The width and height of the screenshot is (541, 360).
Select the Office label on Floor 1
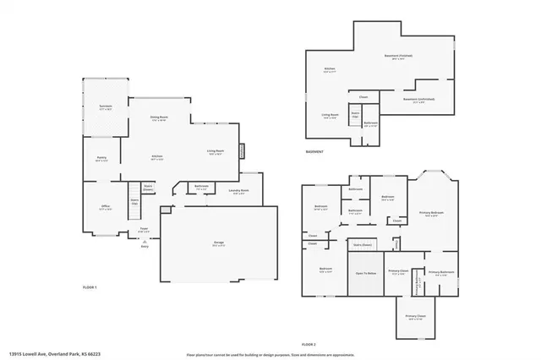[104, 207]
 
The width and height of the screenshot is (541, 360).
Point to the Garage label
[219, 243]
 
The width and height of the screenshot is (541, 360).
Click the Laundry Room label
[239, 192]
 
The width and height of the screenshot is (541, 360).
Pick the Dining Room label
[159, 118]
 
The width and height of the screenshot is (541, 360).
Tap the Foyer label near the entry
[144, 229]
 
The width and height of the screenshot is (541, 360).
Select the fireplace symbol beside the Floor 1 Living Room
[242, 151]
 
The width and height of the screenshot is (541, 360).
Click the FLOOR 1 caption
[90, 288]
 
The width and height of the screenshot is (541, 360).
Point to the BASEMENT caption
[316, 151]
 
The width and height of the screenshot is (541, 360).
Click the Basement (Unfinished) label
[420, 99]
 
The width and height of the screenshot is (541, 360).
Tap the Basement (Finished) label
[399, 57]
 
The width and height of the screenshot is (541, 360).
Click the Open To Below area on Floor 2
[365, 274]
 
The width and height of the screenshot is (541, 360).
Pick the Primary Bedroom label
[431, 213]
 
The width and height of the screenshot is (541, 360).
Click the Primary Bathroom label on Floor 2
[441, 273]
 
